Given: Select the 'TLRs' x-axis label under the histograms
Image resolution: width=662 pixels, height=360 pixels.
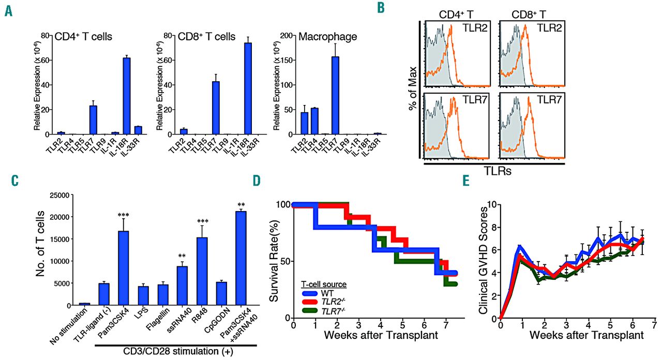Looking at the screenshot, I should click(493, 171).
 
